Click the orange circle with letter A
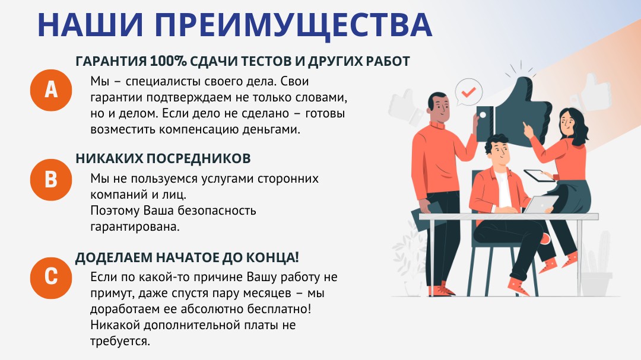[51, 90]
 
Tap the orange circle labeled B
[51, 180]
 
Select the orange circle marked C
[51, 278]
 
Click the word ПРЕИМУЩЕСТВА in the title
[294, 26]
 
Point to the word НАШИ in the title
[90, 26]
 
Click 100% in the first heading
[168, 61]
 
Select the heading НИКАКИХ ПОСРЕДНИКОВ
[163, 158]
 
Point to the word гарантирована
[135, 227]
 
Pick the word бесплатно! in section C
[279, 309]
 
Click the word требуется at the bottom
[120, 341]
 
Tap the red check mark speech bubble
[468, 93]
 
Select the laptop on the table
[540, 204]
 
